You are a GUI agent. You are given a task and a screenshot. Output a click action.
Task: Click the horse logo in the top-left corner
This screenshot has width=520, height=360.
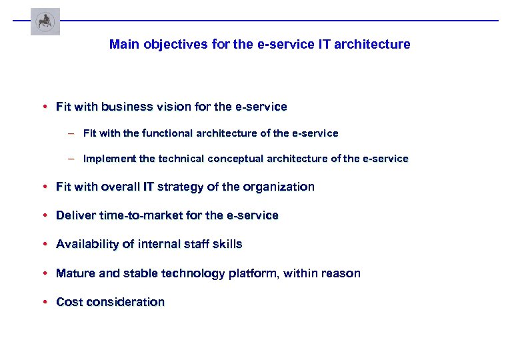pyautogui.click(x=45, y=21)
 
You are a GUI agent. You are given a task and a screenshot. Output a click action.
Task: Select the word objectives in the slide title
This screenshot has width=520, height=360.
pyautogui.click(x=169, y=45)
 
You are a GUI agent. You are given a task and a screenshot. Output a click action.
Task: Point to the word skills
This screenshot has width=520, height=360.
pyautogui.click(x=227, y=244)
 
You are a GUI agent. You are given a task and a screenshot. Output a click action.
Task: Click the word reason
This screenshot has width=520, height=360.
pyautogui.click(x=341, y=273)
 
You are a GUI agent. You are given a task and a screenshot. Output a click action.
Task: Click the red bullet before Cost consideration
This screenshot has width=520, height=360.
pyautogui.click(x=44, y=302)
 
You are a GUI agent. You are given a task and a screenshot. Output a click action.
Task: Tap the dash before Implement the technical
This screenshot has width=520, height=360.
pyautogui.click(x=71, y=159)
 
